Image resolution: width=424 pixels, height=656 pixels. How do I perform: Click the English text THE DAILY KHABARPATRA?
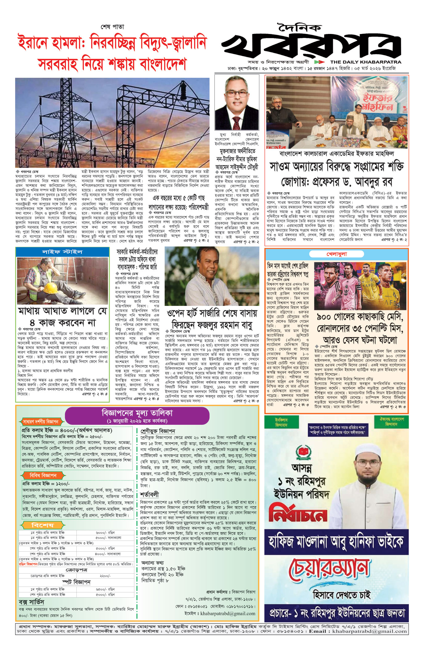point(366,62)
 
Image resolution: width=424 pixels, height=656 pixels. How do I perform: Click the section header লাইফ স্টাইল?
point(62,252)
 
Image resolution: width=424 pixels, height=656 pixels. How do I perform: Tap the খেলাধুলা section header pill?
point(336,254)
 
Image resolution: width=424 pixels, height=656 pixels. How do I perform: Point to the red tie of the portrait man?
point(236,121)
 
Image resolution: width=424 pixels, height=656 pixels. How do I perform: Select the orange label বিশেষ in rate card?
point(42,525)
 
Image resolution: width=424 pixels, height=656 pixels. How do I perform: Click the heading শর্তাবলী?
point(149,495)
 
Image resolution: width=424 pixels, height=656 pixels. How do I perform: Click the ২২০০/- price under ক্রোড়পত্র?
point(105,576)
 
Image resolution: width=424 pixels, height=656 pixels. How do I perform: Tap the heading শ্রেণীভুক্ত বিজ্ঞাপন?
point(157,431)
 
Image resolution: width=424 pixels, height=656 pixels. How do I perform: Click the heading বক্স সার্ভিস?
point(31,602)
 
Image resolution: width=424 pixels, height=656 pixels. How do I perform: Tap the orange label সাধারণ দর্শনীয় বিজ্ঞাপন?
point(40,422)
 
